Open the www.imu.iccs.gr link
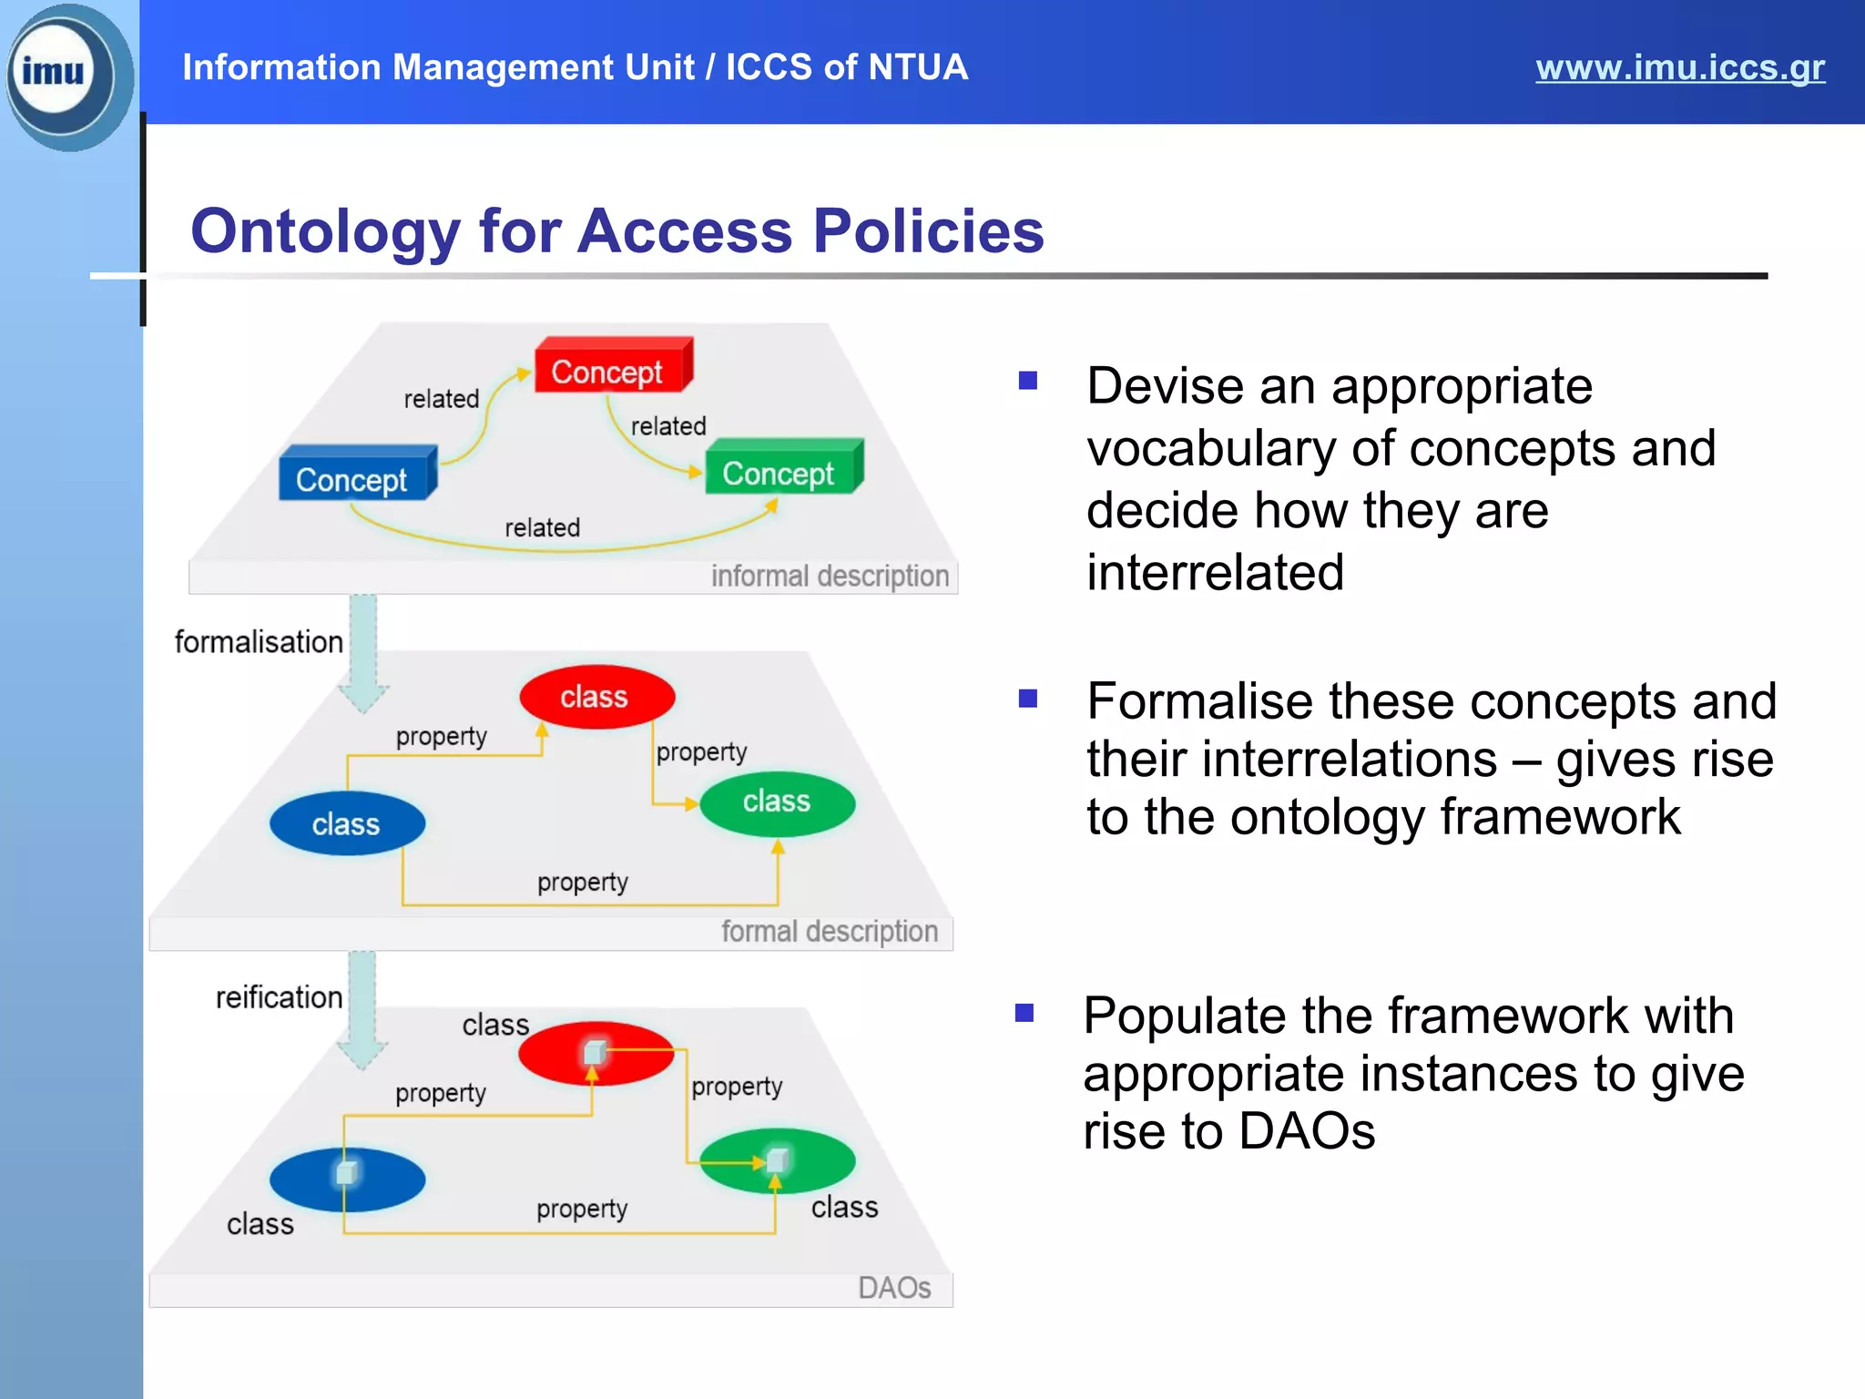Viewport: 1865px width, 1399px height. tap(1679, 67)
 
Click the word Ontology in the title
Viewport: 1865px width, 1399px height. tap(325, 231)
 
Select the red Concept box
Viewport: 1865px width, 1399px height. tap(609, 369)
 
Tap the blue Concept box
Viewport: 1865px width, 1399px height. tap(353, 477)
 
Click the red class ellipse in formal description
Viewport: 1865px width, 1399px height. tap(596, 698)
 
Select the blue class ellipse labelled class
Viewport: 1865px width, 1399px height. tap(347, 823)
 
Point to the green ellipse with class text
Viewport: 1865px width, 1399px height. tap(777, 802)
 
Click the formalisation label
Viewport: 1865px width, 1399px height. tap(259, 642)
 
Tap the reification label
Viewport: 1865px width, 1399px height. tap(279, 997)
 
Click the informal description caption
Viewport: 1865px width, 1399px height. tap(830, 577)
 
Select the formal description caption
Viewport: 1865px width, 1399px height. tap(830, 932)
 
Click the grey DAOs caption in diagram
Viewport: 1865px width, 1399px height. tap(894, 1288)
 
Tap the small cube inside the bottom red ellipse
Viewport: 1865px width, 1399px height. tap(595, 1053)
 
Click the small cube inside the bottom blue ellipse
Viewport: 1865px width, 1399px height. tap(346, 1172)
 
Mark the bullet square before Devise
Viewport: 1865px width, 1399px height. tap(1028, 381)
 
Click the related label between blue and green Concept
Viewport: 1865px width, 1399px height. tap(542, 527)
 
